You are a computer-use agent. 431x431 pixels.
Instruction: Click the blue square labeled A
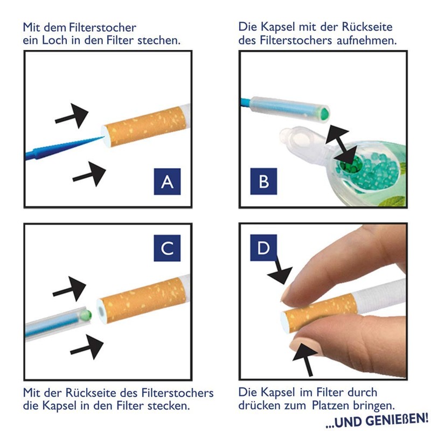167,182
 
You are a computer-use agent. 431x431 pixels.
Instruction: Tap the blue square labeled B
263,182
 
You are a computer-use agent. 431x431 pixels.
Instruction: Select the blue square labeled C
167,248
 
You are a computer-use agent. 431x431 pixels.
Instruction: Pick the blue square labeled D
263,248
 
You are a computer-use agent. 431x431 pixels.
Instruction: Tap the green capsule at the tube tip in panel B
324,113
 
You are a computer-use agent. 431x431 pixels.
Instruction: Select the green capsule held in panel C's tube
87,314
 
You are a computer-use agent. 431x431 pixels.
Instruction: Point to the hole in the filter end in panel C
101,311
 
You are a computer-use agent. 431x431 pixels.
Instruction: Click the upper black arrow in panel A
72,116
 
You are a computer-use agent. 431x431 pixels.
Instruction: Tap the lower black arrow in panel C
87,347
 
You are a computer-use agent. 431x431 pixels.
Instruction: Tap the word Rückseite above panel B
367,27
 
